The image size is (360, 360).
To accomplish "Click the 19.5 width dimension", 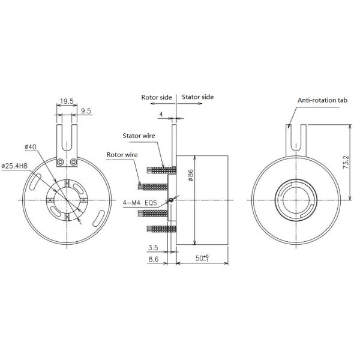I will pyautogui.click(x=66, y=102).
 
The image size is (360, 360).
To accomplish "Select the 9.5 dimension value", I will pyautogui.click(x=85, y=110).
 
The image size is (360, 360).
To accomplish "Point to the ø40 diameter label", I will pyautogui.click(x=31, y=147).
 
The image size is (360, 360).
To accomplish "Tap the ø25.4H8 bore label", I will pyautogui.click(x=20, y=165).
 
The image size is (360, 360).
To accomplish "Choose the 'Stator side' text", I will pyautogui.click(x=197, y=97).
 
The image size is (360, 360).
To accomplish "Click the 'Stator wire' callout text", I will pyautogui.click(x=139, y=136).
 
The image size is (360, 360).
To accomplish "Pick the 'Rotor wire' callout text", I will pyautogui.click(x=123, y=154).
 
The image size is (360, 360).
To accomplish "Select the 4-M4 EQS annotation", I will pyautogui.click(x=139, y=203).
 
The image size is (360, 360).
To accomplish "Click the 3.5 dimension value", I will pyautogui.click(x=151, y=247).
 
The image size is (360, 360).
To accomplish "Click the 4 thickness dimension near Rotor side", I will pyautogui.click(x=161, y=113).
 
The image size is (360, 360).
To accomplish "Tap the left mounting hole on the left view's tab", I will pyautogui.click(x=60, y=163).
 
